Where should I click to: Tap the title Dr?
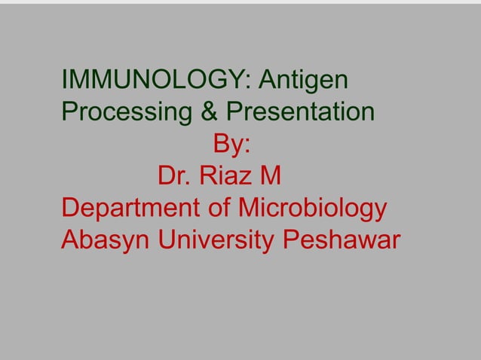[x=174, y=177]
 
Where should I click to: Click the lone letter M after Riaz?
[x=270, y=177]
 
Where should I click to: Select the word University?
[x=218, y=242]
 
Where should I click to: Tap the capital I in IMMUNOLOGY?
[x=64, y=80]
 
